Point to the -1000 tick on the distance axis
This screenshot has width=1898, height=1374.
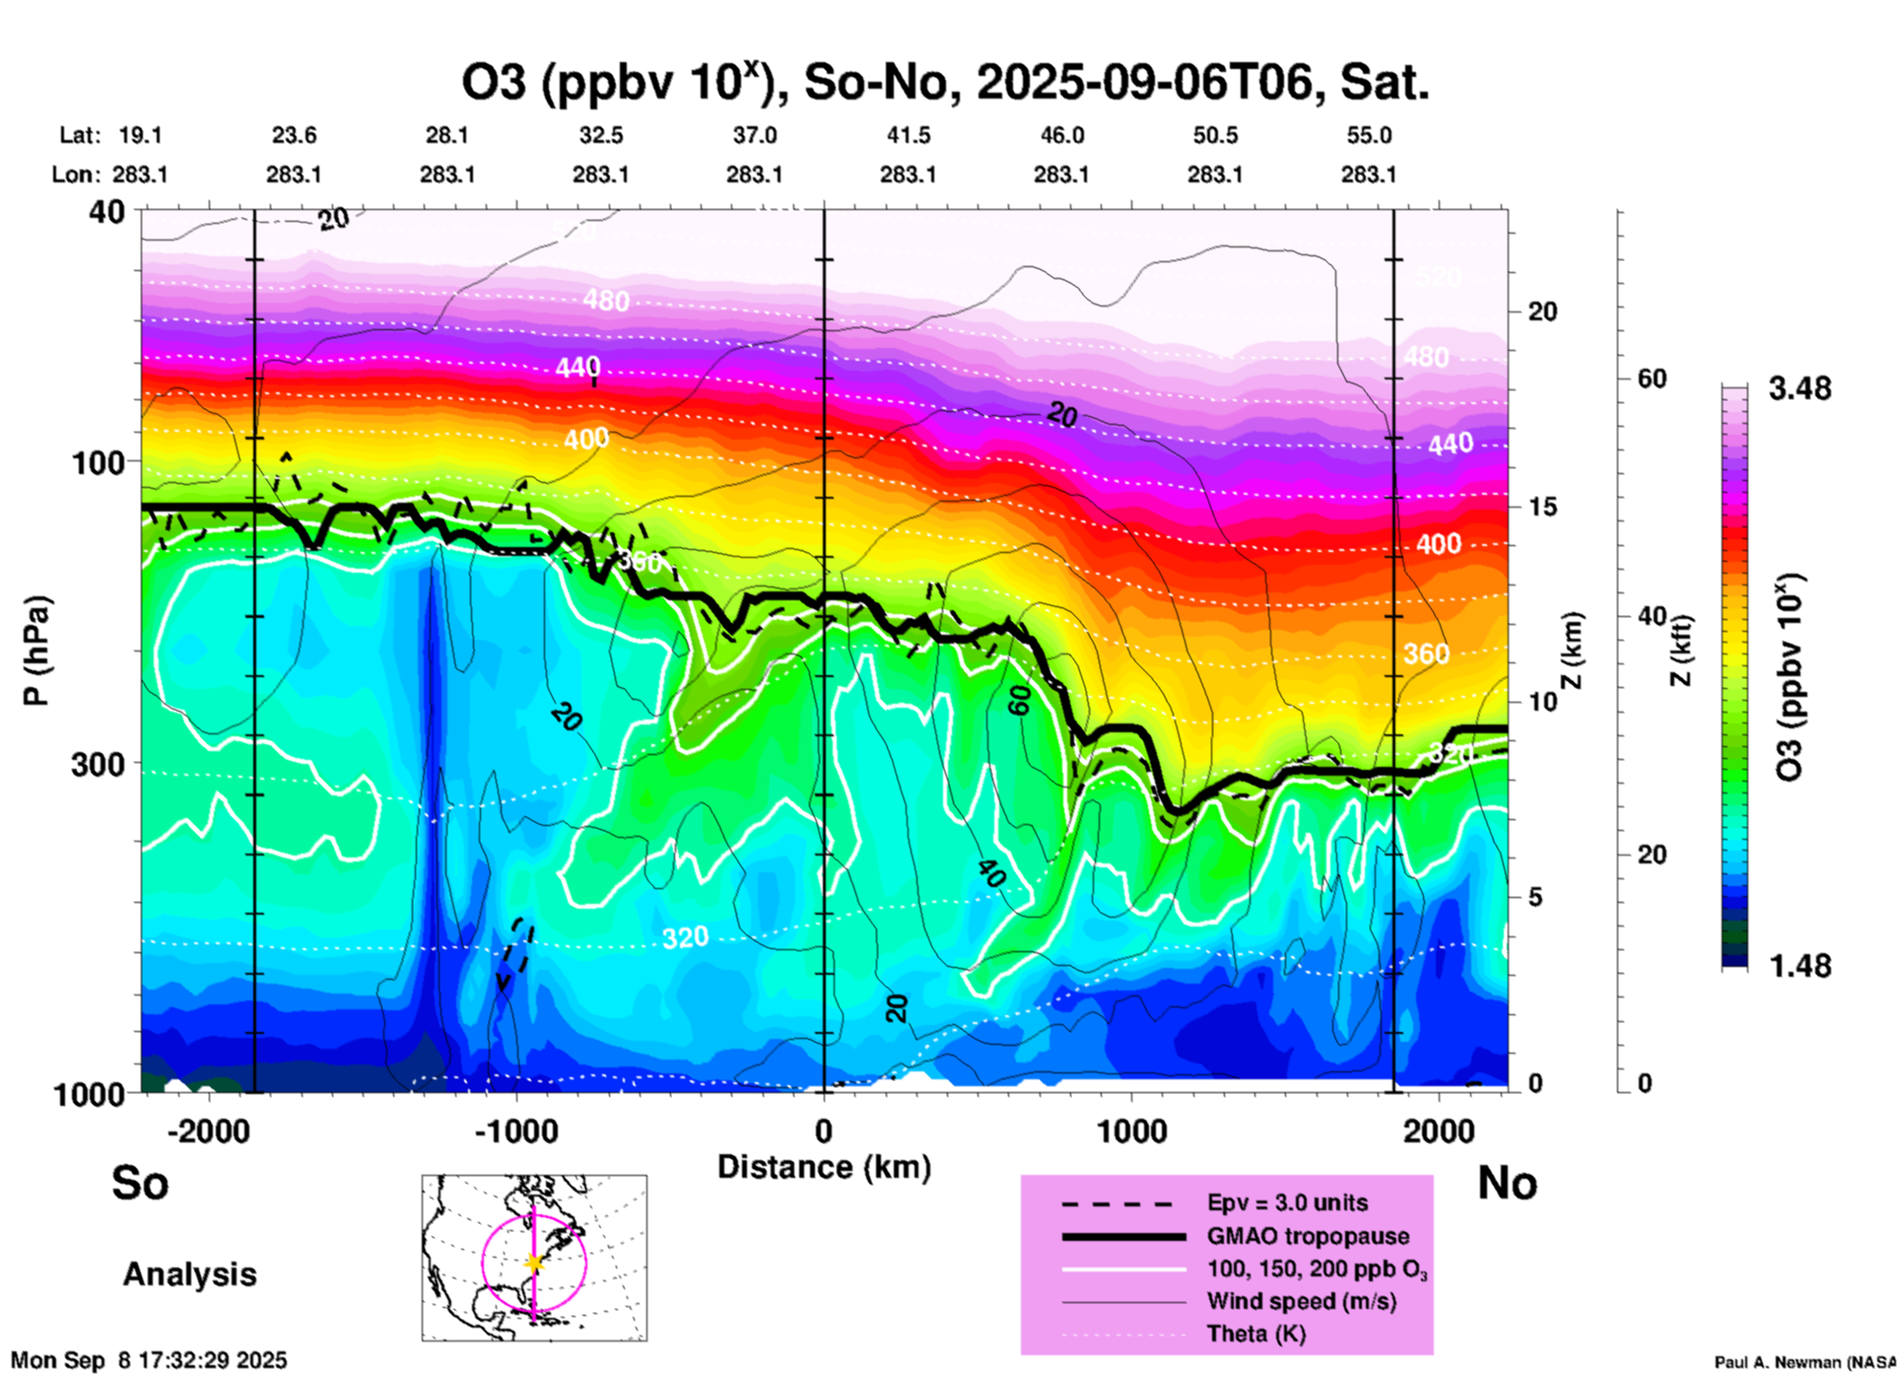click(x=516, y=1131)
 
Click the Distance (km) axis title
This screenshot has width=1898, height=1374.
click(x=824, y=1167)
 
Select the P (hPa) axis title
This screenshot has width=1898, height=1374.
click(x=37, y=651)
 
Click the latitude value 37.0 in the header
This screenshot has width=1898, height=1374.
click(x=754, y=135)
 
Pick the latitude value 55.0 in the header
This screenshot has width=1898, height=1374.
click(x=1369, y=135)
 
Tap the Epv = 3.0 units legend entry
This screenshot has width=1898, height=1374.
click(x=1287, y=1202)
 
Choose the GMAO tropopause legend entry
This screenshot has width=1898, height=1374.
click(x=1308, y=1236)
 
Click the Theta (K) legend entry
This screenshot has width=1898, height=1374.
click(x=1255, y=1334)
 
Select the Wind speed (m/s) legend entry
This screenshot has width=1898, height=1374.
click(x=1301, y=1301)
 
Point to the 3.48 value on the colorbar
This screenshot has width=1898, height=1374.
click(x=1799, y=388)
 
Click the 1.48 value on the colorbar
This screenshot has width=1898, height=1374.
click(x=1799, y=965)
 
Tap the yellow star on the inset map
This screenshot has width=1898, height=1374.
click(x=534, y=1263)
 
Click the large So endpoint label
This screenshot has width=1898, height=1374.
click(x=140, y=1182)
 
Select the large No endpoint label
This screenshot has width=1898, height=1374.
click(x=1507, y=1182)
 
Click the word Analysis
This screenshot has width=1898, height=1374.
click(x=189, y=1274)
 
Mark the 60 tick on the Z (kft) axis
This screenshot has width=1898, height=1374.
click(x=1652, y=378)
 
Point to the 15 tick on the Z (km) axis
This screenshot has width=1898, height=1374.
click(x=1542, y=507)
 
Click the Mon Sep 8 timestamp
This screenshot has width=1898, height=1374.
click(x=149, y=1360)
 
